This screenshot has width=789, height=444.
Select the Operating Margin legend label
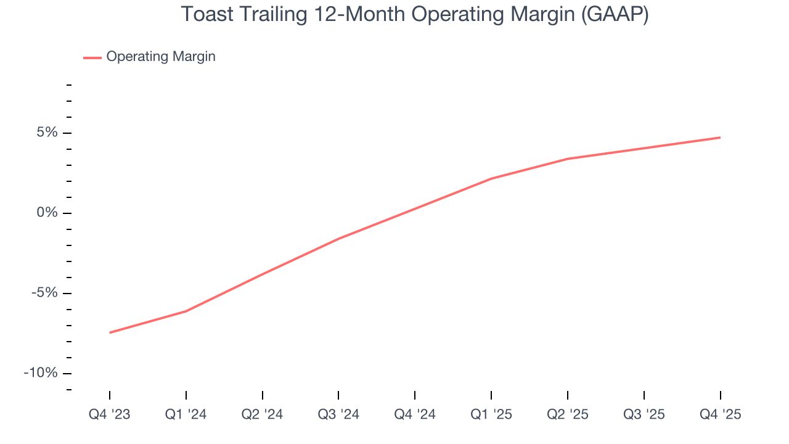pyautogui.click(x=161, y=57)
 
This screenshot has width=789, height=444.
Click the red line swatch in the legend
pyautogui.click(x=92, y=57)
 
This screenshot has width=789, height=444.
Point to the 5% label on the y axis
pyautogui.click(x=46, y=133)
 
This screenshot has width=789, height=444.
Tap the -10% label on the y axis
pyautogui.click(x=40, y=374)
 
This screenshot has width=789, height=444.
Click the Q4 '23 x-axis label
pyautogui.click(x=110, y=414)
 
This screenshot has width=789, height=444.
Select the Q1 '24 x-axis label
pyautogui.click(x=186, y=414)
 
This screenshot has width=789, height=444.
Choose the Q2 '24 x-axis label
pyautogui.click(x=263, y=414)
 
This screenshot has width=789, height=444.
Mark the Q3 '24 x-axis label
pyautogui.click(x=338, y=414)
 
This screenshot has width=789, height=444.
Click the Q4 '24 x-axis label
pyautogui.click(x=415, y=414)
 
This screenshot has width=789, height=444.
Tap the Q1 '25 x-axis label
pyautogui.click(x=491, y=414)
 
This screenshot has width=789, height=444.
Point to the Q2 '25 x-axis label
pyautogui.click(x=568, y=414)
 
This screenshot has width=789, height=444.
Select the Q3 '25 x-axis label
pyautogui.click(x=644, y=414)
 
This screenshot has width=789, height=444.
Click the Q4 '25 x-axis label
pyautogui.click(x=720, y=414)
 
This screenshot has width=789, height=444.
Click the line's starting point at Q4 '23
pyautogui.click(x=110, y=332)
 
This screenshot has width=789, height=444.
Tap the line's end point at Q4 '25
pyautogui.click(x=720, y=138)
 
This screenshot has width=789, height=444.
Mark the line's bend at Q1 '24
pyautogui.click(x=186, y=311)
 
